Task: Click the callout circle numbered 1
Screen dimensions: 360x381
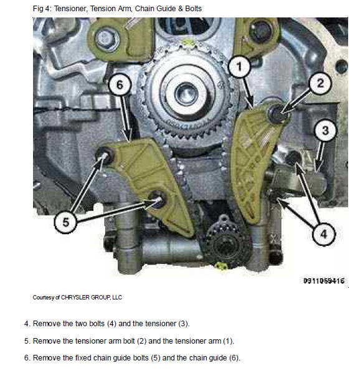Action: (x=239, y=67)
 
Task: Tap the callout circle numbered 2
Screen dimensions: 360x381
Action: (x=320, y=83)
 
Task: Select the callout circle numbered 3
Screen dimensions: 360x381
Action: (x=325, y=131)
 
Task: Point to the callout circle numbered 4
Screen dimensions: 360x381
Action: (x=323, y=233)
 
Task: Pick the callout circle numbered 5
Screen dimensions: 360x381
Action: (x=65, y=222)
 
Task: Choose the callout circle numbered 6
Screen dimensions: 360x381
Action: (x=120, y=85)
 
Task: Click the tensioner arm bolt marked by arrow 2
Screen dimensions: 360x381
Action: (x=277, y=113)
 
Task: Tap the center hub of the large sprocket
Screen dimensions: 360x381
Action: (x=187, y=94)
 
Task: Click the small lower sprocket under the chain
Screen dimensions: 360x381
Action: (x=225, y=244)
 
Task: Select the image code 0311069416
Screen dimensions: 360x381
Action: (x=324, y=281)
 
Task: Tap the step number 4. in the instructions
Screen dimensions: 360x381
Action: (x=27, y=324)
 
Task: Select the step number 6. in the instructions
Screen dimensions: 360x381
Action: (x=27, y=358)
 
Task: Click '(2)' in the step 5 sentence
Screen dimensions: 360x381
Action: (x=141, y=341)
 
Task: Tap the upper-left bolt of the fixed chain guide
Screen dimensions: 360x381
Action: (x=105, y=155)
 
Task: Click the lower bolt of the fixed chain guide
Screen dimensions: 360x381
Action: (x=157, y=199)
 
